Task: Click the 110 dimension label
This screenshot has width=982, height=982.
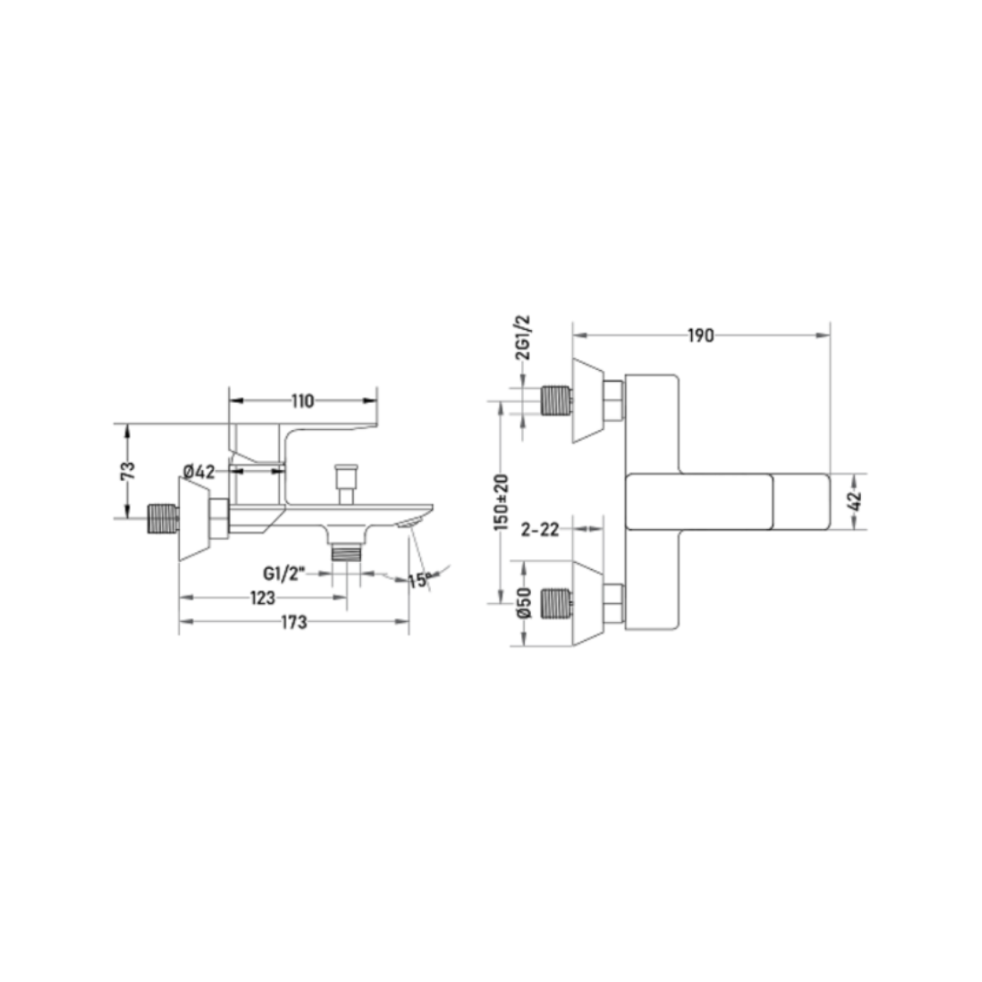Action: point(303,401)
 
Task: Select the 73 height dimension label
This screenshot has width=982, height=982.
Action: point(127,470)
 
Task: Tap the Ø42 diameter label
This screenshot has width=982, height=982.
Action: point(199,472)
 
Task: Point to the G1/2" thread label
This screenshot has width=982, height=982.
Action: point(284,574)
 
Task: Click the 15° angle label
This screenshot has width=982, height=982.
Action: point(420,580)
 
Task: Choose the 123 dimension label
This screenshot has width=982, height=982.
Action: point(263,598)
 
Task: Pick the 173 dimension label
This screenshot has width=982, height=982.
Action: point(294,622)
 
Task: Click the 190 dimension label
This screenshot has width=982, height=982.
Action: point(701,336)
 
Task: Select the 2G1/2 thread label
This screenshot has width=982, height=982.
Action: point(523,337)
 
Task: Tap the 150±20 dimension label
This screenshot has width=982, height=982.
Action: point(502,503)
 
